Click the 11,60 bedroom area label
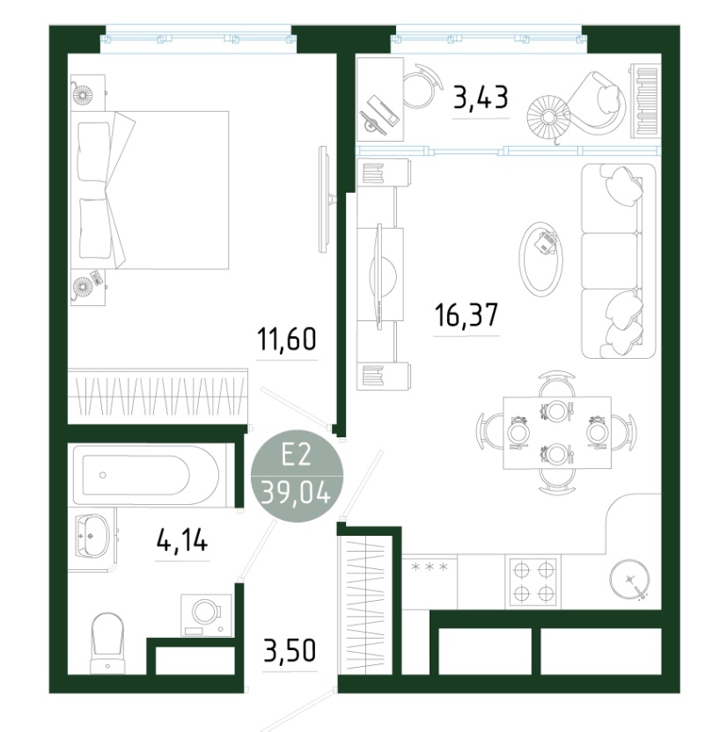click(x=287, y=340)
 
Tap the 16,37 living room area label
click(x=466, y=315)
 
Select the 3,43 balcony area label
click(x=481, y=98)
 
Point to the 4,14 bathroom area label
click(x=182, y=541)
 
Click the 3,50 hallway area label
click(x=290, y=650)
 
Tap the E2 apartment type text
click(x=296, y=455)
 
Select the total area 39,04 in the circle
click(x=296, y=493)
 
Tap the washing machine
click(x=206, y=615)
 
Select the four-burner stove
click(x=532, y=582)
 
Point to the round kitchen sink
click(x=629, y=580)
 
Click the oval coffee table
click(x=540, y=258)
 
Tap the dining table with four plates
click(x=557, y=432)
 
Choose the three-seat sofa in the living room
click(x=619, y=261)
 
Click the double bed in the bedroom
click(x=150, y=190)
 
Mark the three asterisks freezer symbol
click(x=430, y=567)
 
